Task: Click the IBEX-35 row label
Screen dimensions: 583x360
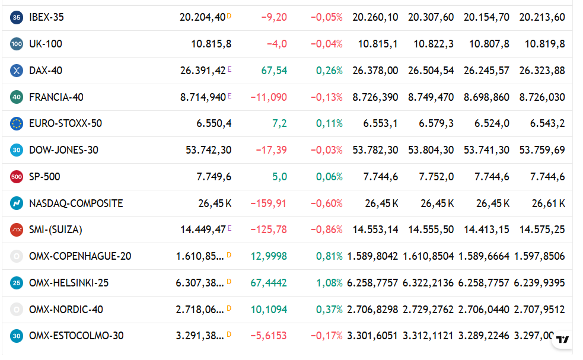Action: coord(46,17)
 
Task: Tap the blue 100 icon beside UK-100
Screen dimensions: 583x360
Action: coord(17,44)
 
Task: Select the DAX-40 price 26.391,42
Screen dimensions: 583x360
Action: coord(203,71)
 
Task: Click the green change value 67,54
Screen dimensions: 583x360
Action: coord(274,71)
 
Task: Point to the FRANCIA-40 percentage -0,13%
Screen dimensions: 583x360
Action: coord(326,97)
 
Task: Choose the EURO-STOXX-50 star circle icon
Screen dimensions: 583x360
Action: coord(17,123)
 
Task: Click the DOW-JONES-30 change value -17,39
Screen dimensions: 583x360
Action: coord(272,150)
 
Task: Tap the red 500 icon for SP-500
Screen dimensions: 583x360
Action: coord(17,177)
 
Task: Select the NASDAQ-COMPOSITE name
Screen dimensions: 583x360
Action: coord(76,203)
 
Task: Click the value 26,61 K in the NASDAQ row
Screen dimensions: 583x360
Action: coord(549,203)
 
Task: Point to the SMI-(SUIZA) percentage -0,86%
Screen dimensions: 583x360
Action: coord(326,230)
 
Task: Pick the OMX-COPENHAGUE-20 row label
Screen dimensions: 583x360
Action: coord(80,256)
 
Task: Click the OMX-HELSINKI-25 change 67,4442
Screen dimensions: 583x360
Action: coord(269,283)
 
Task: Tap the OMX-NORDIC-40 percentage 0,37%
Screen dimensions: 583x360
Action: coord(329,310)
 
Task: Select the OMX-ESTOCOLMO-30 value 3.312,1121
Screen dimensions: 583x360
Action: coord(428,336)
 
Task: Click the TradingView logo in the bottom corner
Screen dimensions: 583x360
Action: coord(562,339)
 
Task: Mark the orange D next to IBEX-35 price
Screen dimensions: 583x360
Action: coord(229,16)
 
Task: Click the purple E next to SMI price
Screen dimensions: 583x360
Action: coord(230,228)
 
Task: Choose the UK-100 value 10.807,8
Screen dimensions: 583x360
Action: coord(489,44)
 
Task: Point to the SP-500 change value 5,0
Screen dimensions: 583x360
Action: coord(279,177)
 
